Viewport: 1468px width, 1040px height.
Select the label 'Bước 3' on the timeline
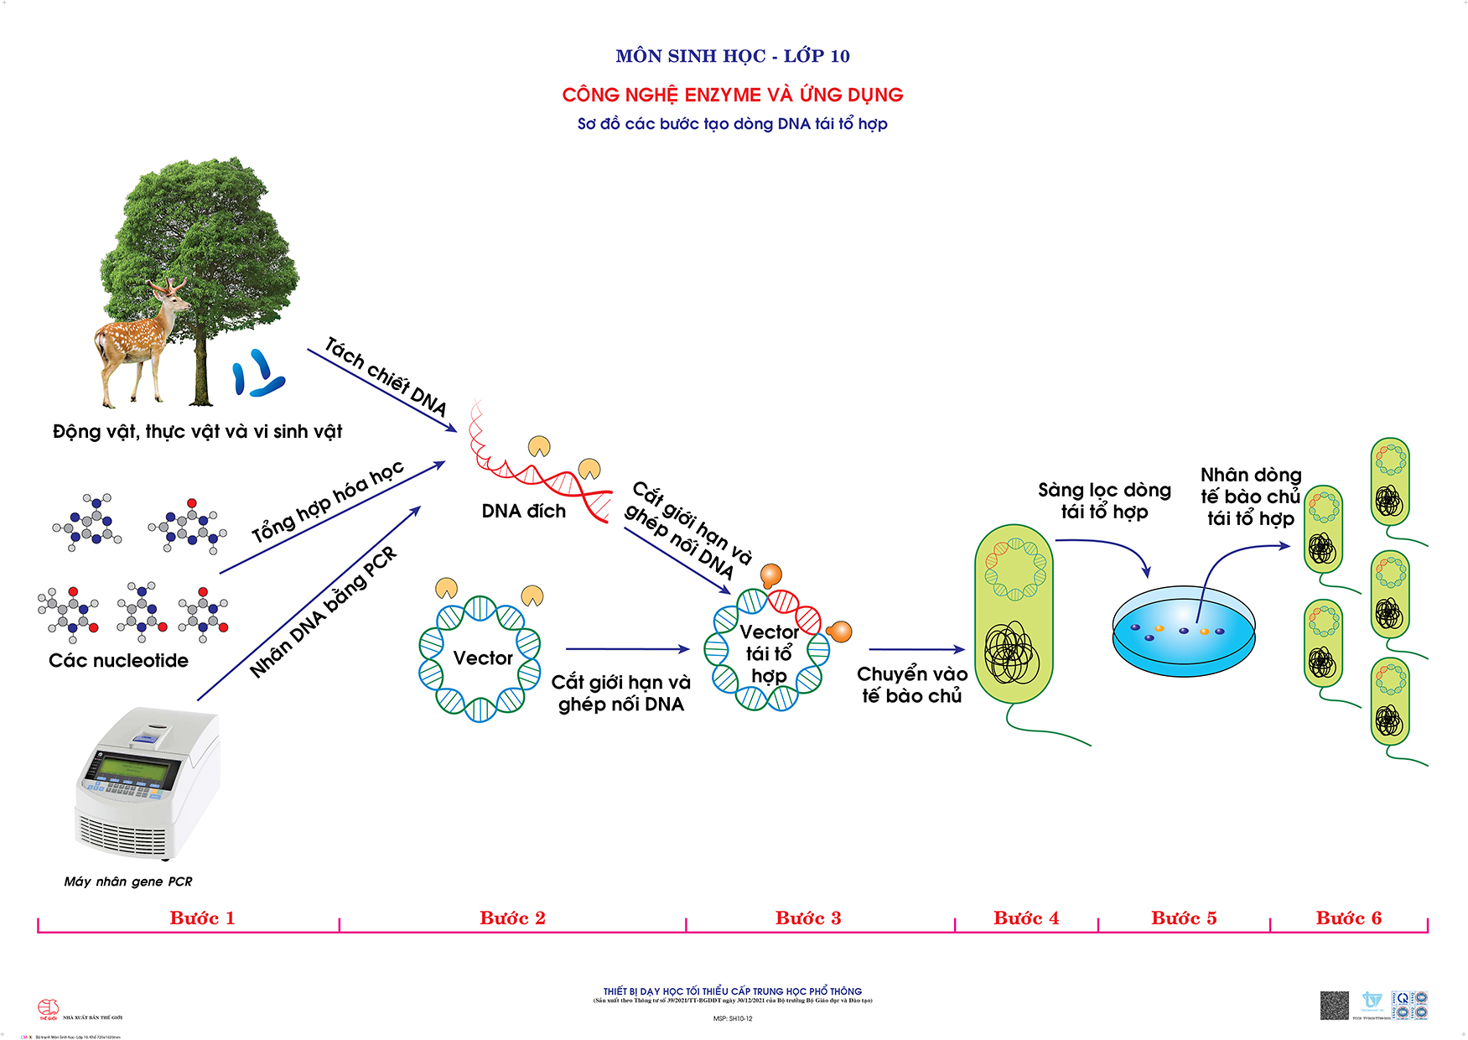click(808, 918)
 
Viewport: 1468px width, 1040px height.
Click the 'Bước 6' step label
click(1348, 918)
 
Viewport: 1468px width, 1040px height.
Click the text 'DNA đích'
click(524, 511)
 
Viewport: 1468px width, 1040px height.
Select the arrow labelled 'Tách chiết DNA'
click(381, 390)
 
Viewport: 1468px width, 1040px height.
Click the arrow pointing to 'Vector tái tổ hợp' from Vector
click(627, 649)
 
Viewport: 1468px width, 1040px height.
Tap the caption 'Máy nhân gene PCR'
click(128, 881)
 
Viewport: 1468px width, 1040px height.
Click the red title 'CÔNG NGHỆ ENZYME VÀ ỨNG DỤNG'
click(733, 95)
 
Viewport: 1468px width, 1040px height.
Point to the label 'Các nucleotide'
click(118, 660)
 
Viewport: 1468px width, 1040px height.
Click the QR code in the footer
click(1334, 1005)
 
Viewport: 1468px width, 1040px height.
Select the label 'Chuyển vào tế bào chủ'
click(912, 685)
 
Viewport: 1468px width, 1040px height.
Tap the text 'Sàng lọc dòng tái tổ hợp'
click(1104, 501)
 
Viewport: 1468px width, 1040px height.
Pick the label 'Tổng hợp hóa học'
click(329, 501)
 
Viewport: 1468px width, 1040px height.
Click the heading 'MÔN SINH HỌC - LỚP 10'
click(733, 56)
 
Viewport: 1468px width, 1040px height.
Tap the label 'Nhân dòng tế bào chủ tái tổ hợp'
click(1250, 497)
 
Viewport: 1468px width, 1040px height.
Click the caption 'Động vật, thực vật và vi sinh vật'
click(198, 432)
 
